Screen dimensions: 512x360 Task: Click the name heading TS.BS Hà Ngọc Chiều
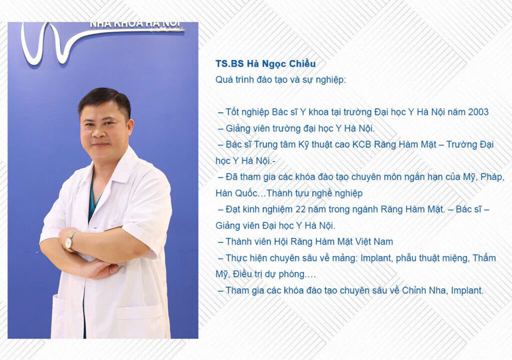pyautogui.click(x=265, y=64)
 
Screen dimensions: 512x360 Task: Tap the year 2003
pyautogui.click(x=478, y=112)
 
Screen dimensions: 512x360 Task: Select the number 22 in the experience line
pyautogui.click(x=300, y=209)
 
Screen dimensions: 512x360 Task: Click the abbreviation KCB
pyautogui.click(x=362, y=144)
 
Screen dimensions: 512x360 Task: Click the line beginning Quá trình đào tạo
pyautogui.click(x=280, y=80)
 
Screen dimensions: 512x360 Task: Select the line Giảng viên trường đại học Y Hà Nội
pyautogui.click(x=300, y=128)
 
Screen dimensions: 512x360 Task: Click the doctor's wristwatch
pyautogui.click(x=70, y=241)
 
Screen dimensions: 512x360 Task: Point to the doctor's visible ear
pyautogui.click(x=130, y=127)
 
